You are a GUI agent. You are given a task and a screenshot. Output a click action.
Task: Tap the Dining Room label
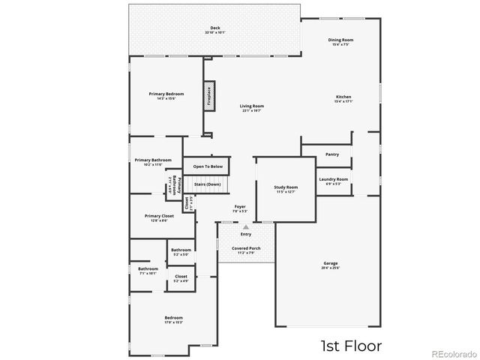click(340, 41)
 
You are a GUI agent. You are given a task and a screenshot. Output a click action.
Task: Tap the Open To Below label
click(208, 166)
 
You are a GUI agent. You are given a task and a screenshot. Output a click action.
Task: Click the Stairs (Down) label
click(208, 184)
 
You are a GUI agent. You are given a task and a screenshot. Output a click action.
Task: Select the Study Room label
click(286, 188)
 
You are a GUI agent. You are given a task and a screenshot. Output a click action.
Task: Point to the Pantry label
click(332, 154)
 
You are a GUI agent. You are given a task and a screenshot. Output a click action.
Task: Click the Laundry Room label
click(333, 181)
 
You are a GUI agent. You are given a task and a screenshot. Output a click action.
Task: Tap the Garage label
click(331, 265)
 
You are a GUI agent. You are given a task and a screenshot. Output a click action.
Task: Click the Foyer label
click(240, 208)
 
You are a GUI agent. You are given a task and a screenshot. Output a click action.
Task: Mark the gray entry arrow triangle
click(245, 226)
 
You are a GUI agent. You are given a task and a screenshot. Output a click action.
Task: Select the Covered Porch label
click(246, 249)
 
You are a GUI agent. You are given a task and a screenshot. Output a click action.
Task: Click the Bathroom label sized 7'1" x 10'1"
click(148, 270)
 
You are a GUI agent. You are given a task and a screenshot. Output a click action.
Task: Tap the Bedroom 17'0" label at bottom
click(173, 319)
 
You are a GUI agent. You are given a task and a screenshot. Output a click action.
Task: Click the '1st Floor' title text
click(351, 346)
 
